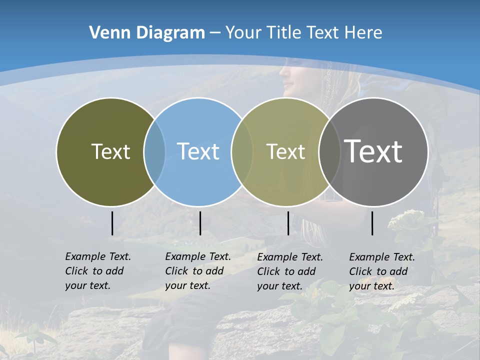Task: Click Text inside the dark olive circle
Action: pos(110,151)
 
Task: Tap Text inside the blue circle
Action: pos(198,151)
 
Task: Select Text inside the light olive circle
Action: pos(285,151)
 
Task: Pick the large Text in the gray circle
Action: pos(373,151)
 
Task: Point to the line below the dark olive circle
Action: pos(112,223)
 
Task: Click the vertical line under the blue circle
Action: pos(200,223)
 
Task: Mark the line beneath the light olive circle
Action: pos(288,223)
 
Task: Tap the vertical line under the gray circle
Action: pos(372,223)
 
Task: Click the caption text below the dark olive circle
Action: pos(97,271)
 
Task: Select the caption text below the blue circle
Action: pos(197,271)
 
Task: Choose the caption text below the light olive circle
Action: pos(289,271)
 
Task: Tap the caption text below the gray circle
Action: pos(381,271)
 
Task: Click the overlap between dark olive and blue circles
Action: pos(154,152)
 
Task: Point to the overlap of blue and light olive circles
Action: pos(242,152)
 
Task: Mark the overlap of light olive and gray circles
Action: pos(330,152)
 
